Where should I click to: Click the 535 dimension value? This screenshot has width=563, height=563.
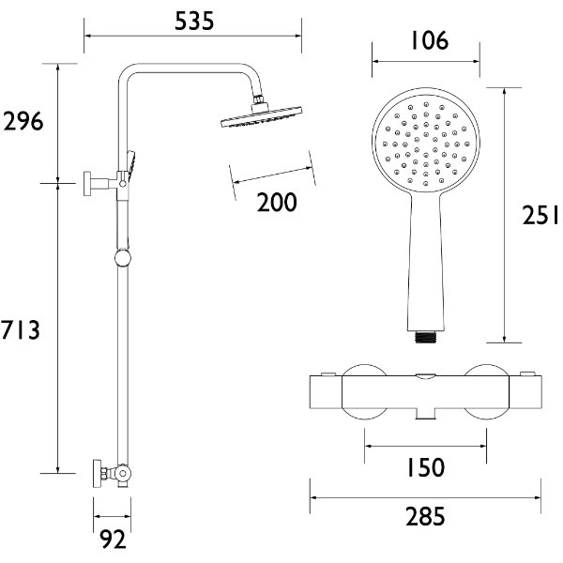click(194, 19)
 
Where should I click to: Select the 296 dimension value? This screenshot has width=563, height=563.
click(23, 122)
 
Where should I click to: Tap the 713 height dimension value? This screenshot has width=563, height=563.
click(21, 329)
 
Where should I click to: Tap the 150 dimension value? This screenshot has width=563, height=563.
click(426, 467)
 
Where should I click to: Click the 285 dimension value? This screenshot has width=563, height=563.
click(425, 514)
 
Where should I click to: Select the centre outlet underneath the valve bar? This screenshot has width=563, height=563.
click(426, 413)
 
